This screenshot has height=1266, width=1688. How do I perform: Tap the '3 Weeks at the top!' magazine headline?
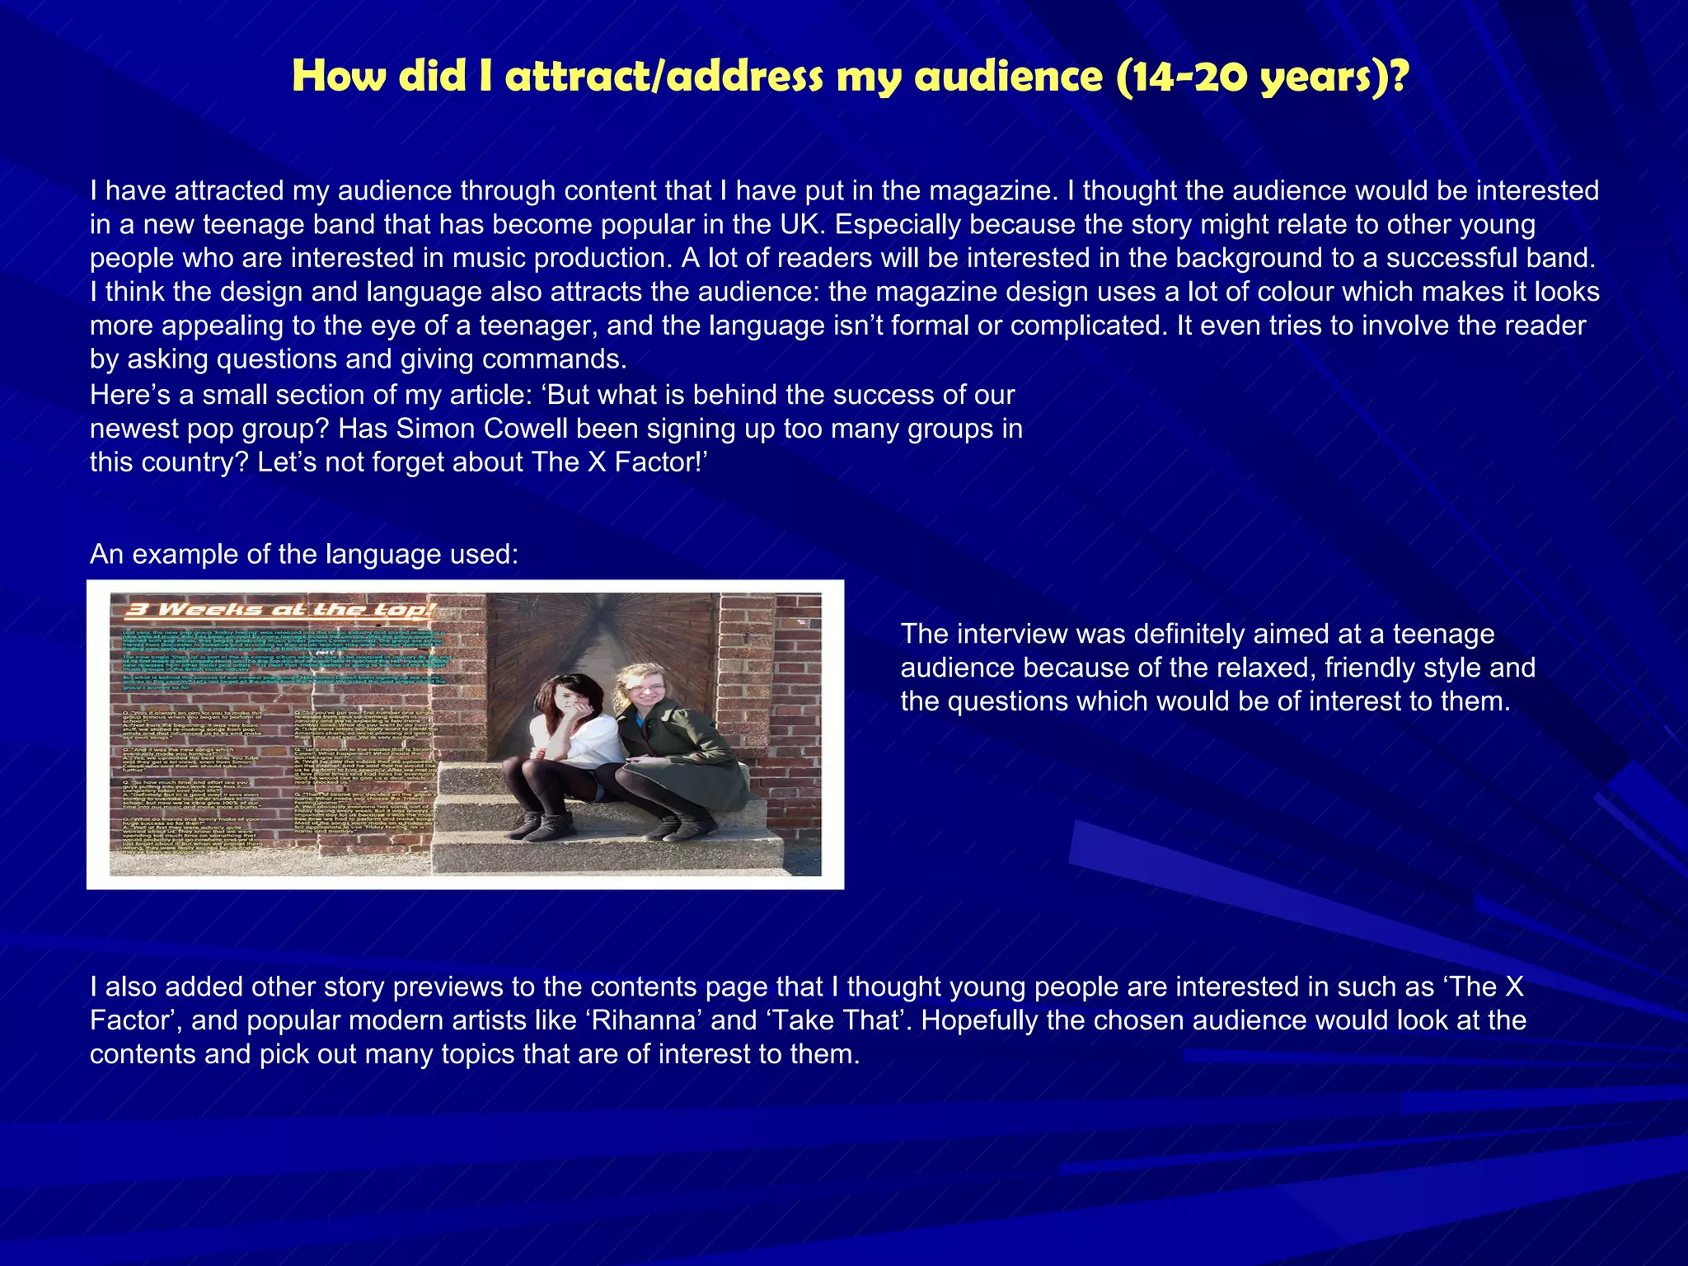280,610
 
